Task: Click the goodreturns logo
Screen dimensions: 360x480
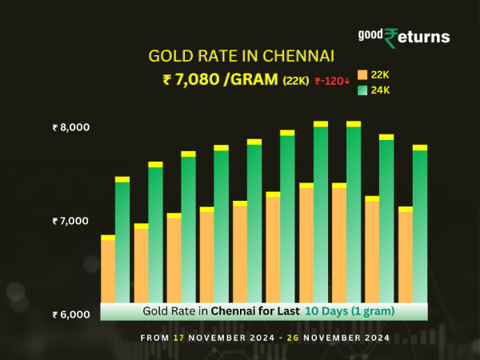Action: point(404,36)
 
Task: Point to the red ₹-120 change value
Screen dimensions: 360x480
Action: point(331,80)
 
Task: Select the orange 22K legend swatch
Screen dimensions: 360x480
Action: point(362,74)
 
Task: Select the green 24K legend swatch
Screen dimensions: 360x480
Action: point(362,90)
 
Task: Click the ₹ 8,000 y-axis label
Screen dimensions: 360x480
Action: point(71,127)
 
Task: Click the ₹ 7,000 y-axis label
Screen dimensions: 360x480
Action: point(71,220)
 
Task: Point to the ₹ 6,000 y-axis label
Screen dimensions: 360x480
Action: point(71,314)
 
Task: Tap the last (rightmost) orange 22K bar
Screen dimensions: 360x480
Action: point(406,256)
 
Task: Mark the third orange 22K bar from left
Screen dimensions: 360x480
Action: point(174,259)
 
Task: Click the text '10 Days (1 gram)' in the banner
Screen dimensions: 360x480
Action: point(350,310)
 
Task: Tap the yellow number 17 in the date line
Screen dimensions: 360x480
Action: point(178,338)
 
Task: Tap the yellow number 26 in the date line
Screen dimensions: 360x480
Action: point(291,338)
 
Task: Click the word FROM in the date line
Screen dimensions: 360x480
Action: point(154,338)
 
